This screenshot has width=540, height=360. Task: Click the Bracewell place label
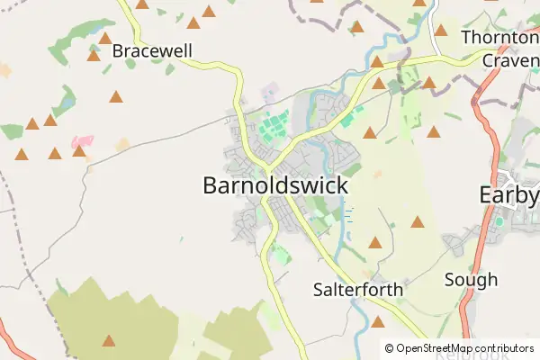click(x=152, y=51)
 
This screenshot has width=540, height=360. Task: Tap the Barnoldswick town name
click(x=274, y=185)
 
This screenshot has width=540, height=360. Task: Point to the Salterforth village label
click(x=358, y=290)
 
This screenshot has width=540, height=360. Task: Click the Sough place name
click(x=471, y=280)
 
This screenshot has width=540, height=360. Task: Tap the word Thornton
click(x=499, y=38)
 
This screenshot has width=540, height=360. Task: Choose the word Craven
click(x=509, y=59)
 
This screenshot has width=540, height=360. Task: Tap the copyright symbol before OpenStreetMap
click(x=390, y=348)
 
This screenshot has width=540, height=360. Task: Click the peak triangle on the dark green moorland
click(x=109, y=340)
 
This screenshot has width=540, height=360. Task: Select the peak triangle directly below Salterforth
click(x=378, y=321)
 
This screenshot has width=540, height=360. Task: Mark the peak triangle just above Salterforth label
click(x=375, y=242)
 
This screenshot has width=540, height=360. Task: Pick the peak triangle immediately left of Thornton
click(x=441, y=30)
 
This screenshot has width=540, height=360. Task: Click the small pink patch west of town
click(x=82, y=141)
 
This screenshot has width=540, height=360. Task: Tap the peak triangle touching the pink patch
click(x=79, y=150)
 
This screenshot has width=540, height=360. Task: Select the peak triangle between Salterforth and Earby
click(x=418, y=221)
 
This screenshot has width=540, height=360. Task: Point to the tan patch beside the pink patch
click(x=121, y=144)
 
